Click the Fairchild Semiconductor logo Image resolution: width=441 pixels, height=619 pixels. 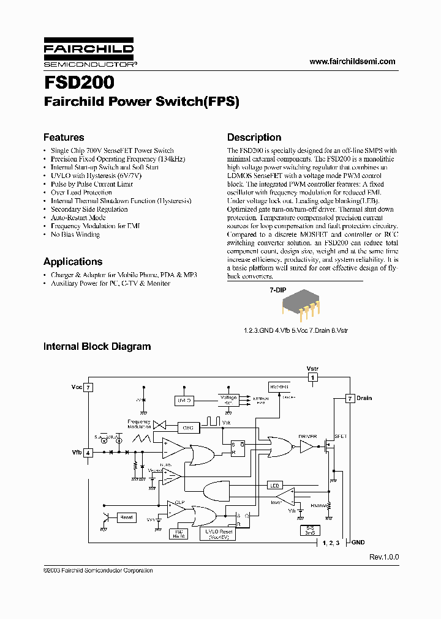coord(88,54)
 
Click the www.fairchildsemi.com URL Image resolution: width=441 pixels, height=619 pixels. coord(352,61)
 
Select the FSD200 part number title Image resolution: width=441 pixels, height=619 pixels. coord(78,83)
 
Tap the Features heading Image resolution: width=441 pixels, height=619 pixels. coord(64,138)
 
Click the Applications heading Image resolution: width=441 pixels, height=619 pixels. coord(72,262)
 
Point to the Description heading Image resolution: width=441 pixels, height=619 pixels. coord(254,138)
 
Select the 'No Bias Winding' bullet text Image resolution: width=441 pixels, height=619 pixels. coord(75,235)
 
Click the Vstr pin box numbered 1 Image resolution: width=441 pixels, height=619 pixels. coord(312,378)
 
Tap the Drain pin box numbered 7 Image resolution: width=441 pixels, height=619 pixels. coord(350,398)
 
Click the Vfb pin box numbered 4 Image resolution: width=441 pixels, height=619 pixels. coord(88,453)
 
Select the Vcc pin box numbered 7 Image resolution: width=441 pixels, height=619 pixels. coord(88,387)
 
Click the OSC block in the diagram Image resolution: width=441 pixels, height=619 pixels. coord(187,428)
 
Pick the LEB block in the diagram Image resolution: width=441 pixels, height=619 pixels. coord(274,486)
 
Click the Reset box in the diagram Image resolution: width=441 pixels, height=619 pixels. coord(126,517)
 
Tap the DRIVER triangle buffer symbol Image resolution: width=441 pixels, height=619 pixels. coord(306,448)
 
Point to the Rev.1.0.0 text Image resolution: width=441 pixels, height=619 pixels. coord(383,557)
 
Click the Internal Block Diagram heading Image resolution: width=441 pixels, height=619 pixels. coord(97,347)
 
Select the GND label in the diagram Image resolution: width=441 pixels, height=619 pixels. coord(358,543)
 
